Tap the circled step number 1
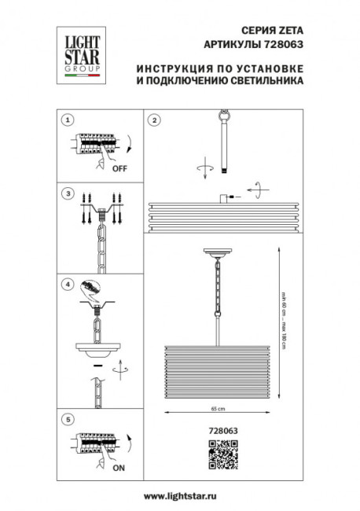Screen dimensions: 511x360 (x=68, y=120)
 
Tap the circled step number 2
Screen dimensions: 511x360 (x=155, y=120)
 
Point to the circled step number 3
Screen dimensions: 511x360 (x=68, y=193)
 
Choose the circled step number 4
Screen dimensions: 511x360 (x=68, y=284)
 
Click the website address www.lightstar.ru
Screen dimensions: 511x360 (x=180, y=498)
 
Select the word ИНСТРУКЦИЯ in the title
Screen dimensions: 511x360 (x=171, y=68)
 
